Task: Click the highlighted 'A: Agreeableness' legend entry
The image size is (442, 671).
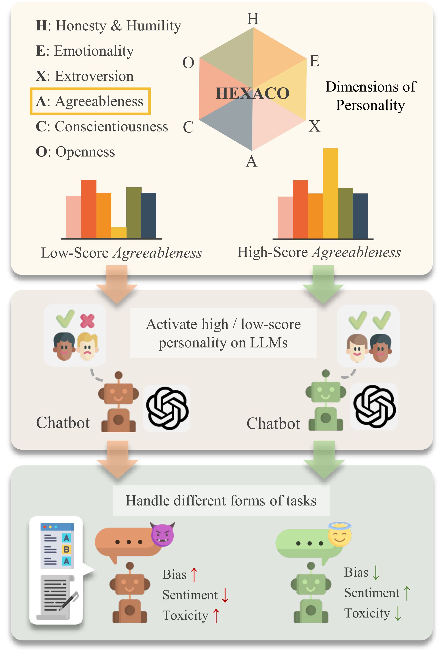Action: [90, 101]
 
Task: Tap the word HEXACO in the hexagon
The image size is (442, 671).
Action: [252, 93]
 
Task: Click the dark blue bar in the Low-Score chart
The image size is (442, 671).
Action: [149, 215]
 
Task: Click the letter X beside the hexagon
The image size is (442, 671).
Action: [314, 126]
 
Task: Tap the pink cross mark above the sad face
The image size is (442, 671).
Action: [87, 321]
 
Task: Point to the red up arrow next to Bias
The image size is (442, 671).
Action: [194, 575]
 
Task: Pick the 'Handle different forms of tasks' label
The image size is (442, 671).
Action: [221, 501]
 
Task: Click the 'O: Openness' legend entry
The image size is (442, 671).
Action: [75, 152]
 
